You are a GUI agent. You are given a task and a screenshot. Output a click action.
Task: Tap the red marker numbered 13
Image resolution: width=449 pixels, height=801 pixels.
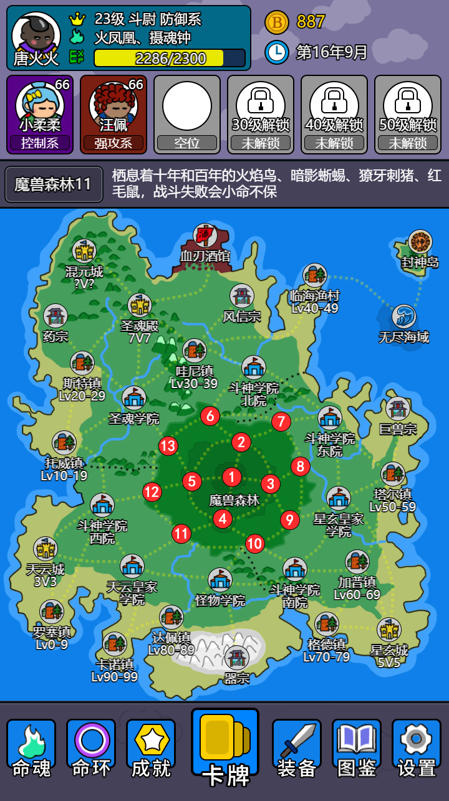168,446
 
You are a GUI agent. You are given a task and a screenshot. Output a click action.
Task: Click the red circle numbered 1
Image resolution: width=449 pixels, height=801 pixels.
232,477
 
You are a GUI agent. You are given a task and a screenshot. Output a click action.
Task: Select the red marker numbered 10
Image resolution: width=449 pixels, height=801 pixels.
254,544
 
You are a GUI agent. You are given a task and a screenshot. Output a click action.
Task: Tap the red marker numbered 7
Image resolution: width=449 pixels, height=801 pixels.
281,422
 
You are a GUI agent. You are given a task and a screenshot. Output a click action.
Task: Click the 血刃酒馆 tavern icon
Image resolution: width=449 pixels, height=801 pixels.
205,235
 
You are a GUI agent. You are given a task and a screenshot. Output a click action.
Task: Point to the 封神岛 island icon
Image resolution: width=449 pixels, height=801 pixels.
420,242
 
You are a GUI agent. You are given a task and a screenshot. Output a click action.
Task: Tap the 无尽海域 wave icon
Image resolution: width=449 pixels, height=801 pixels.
404,317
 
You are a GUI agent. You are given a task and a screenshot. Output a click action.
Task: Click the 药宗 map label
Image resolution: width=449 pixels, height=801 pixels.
56,336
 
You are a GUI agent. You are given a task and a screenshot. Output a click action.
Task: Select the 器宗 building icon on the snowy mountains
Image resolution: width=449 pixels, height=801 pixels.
237,658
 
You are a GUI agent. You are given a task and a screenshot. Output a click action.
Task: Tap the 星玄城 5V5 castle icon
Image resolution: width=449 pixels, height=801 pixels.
389,630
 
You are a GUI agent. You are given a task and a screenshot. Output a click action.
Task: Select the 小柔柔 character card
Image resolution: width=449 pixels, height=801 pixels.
40,115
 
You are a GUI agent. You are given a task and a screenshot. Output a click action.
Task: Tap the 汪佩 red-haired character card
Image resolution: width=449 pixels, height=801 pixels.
113,115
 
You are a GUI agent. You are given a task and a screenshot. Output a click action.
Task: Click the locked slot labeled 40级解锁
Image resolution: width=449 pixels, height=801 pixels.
334,115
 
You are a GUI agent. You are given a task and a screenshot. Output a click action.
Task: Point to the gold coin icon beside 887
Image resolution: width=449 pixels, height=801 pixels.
277,22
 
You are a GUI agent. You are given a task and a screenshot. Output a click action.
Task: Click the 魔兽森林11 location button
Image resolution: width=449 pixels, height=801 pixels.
54,184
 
